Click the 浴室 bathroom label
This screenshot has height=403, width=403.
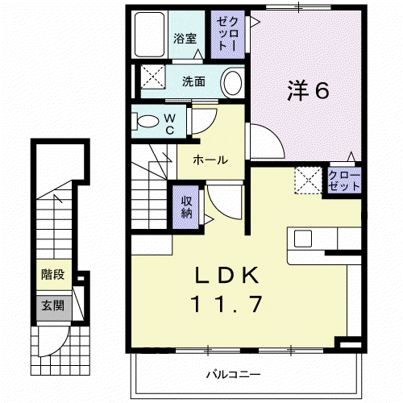tap(185, 39)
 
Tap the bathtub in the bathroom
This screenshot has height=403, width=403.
tap(149, 35)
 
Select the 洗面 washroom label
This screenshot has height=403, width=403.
tap(193, 81)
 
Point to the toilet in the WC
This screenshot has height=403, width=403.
tap(145, 121)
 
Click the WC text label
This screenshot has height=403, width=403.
tap(170, 124)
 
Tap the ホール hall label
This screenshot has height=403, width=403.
tap(210, 160)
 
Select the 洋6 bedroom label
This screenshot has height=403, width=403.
tap(308, 90)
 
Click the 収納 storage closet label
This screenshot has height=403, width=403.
tap(186, 207)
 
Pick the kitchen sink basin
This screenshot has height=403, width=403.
tap(303, 239)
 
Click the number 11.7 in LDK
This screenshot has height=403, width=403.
tap(226, 304)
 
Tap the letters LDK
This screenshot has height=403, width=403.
tap(226, 275)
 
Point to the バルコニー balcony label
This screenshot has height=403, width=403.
tap(233, 374)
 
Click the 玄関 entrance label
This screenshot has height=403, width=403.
tap(53, 305)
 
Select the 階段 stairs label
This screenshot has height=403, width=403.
tap(53, 275)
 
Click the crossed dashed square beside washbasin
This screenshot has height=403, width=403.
tap(153, 77)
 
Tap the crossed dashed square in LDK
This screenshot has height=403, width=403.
tap(308, 180)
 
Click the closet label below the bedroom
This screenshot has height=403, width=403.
tap(344, 181)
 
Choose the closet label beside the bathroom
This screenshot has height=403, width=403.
tap(227, 34)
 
